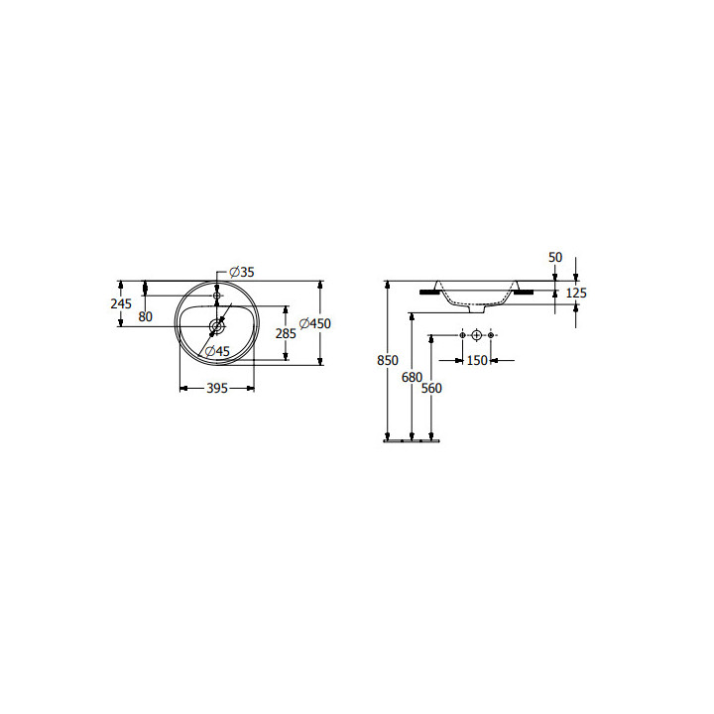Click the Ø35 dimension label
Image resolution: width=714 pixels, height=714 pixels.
point(242,272)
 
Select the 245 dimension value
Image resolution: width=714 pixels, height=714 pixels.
point(121,304)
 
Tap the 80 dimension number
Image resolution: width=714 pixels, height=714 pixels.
point(146,316)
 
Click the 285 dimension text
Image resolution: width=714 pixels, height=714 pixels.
point(286,334)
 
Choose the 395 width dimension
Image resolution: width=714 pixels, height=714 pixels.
point(216,389)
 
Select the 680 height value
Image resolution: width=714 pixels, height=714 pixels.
point(412,377)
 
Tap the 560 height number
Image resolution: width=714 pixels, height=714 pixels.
point(431,389)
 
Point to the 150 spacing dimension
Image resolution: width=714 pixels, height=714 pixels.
point(477,360)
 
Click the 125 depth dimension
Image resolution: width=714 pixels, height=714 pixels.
point(576,293)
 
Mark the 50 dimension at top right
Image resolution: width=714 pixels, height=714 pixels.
point(554,257)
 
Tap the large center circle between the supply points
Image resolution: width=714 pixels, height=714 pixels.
point(477,337)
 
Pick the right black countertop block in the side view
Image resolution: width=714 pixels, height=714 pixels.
point(524,292)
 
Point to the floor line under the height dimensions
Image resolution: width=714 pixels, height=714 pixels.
point(410,441)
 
